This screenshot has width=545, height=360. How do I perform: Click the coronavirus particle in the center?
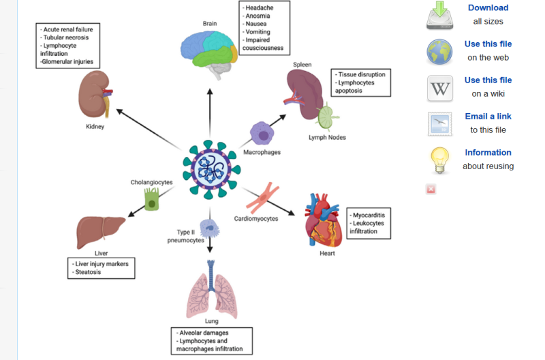pos(209,166)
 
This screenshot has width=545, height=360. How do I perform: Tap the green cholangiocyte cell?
pos(151,199)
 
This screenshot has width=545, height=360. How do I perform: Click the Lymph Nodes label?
pos(327,138)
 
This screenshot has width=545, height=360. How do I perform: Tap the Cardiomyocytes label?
pos(255,219)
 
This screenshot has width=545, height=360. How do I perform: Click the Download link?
pos(488,7)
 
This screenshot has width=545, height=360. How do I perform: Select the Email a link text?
pos(488,116)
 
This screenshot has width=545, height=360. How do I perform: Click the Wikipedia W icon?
pos(440,89)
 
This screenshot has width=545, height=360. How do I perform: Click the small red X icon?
pos(431,189)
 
